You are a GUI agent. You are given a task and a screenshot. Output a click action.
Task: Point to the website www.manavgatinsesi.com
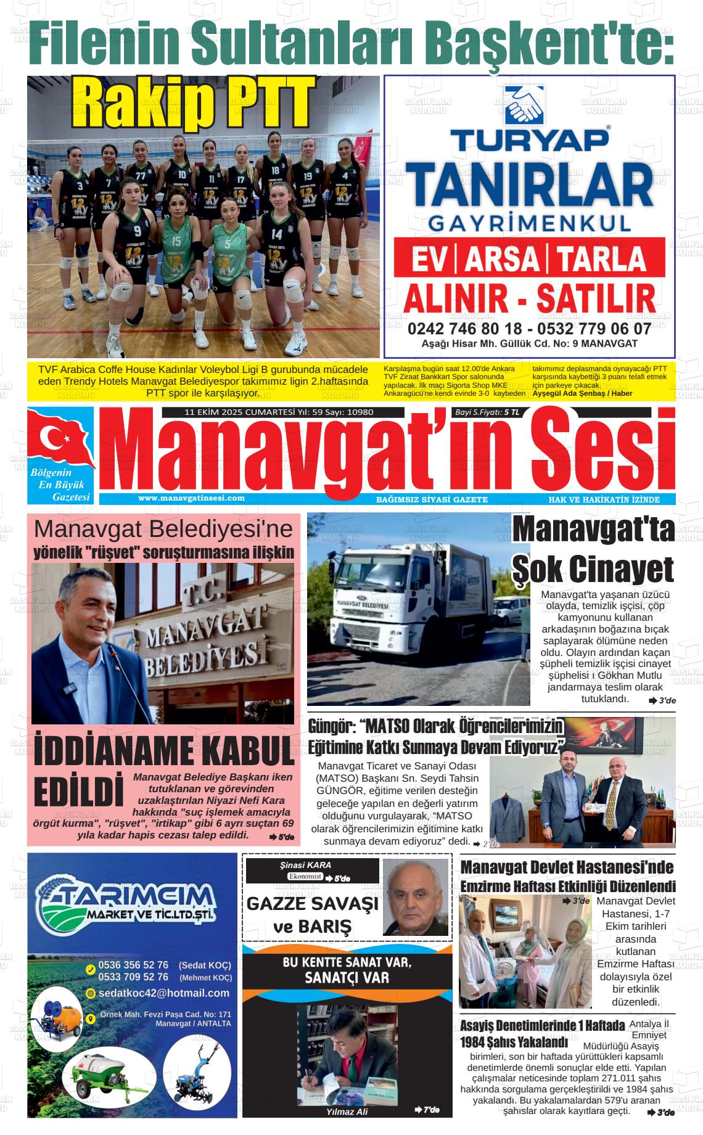click(191, 498)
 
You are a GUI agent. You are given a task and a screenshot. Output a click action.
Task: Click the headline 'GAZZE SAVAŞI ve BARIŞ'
click(311, 915)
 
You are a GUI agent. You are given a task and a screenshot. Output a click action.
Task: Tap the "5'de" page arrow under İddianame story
click(282, 837)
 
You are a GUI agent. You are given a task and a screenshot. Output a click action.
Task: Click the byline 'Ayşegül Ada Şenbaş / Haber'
click(583, 393)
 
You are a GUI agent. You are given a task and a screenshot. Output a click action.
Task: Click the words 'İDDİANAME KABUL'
click(163, 752)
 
